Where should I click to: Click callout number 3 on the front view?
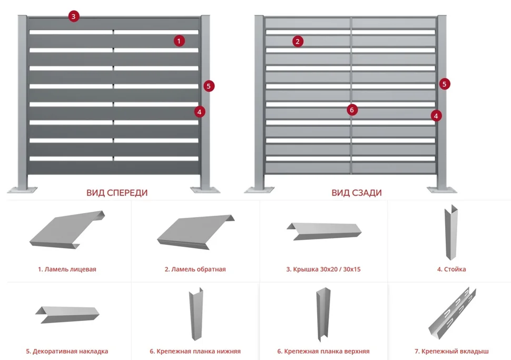point(73,16)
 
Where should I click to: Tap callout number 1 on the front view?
point(180,41)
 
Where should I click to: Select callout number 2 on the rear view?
point(298,41)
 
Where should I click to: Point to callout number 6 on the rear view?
point(352,110)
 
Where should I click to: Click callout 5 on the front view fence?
point(209,85)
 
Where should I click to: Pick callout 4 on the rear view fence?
point(436,115)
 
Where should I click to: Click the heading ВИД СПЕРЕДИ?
point(117,193)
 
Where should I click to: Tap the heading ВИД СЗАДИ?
point(357,193)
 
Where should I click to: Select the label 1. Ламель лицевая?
point(67,269)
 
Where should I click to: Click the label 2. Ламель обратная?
point(195,269)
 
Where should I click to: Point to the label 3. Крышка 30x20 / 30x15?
point(323,269)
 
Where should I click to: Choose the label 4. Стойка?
point(451,269)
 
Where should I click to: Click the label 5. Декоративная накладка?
point(67,351)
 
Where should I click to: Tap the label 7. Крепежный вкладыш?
point(451,351)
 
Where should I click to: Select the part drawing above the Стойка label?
point(451,231)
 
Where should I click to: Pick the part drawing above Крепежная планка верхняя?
point(322,315)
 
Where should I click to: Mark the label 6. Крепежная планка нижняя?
point(195,351)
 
